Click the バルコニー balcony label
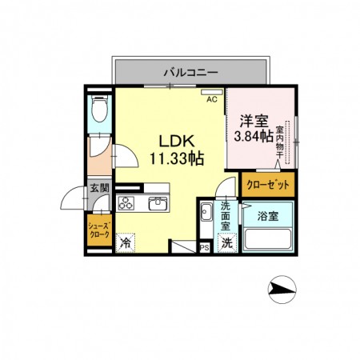pyautogui.click(x=190, y=72)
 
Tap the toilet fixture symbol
pyautogui.click(x=99, y=108)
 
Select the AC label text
pyautogui.click(x=212, y=99)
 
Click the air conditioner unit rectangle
pyautogui.click(x=212, y=92)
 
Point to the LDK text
pyautogui.click(x=177, y=141)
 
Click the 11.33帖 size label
pyautogui.click(x=177, y=158)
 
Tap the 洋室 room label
pyautogui.click(x=254, y=121)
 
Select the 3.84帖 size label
pyautogui.click(x=254, y=136)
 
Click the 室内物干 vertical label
pyautogui.click(x=279, y=142)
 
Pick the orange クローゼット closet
pyautogui.click(x=268, y=185)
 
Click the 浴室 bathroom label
pyautogui.click(x=268, y=216)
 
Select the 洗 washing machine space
pyautogui.click(x=227, y=242)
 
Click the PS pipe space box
pyautogui.click(x=205, y=248)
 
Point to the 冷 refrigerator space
pyautogui.click(x=126, y=243)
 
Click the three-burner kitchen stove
pyautogui.click(x=126, y=203)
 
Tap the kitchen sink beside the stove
pyautogui.click(x=158, y=203)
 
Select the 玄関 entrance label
pyautogui.click(x=99, y=188)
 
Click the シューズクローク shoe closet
pyautogui.click(x=99, y=230)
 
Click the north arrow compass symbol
pyautogui.click(x=282, y=290)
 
